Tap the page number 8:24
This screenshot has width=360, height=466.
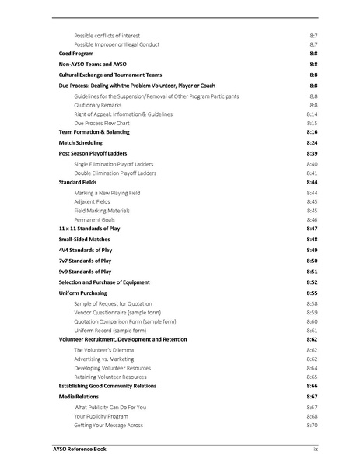click(x=312, y=143)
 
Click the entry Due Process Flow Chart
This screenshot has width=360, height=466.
click(x=103, y=123)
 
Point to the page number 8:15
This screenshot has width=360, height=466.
click(x=312, y=123)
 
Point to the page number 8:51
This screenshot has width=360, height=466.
click(x=312, y=272)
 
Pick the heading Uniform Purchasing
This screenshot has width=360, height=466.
click(x=83, y=293)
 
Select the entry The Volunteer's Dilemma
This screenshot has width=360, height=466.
click(x=103, y=350)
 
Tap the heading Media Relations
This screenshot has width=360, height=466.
click(x=79, y=397)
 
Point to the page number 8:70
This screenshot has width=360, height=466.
click(x=312, y=425)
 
